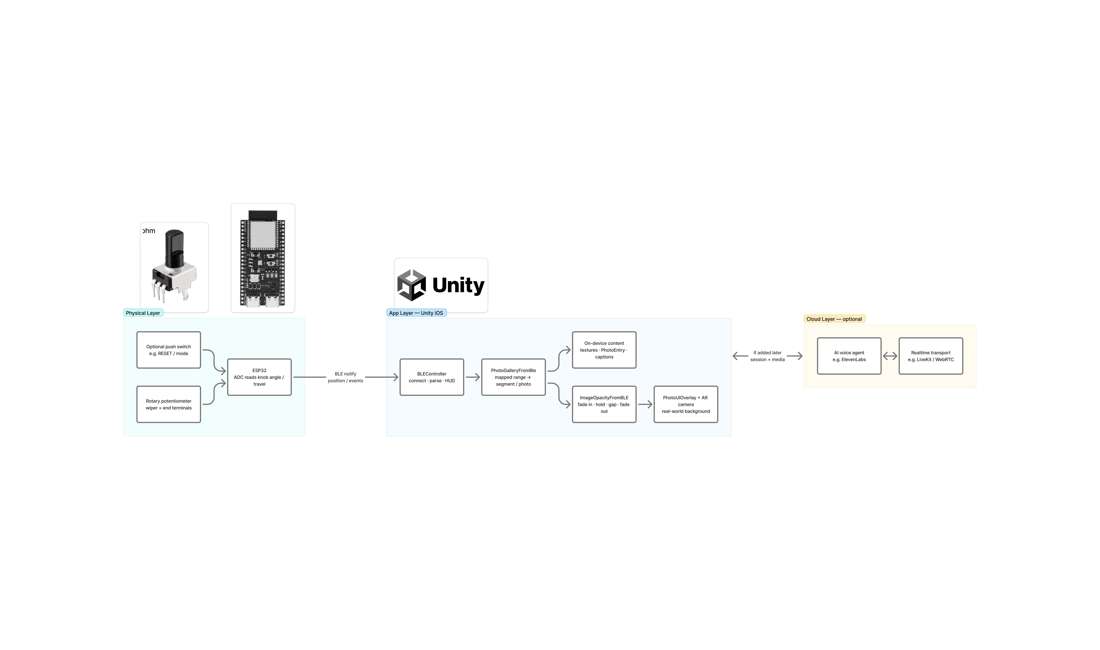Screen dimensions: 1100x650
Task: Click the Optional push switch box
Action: (x=169, y=350)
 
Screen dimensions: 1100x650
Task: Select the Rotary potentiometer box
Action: (x=169, y=404)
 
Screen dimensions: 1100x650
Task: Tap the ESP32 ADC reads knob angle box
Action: (x=259, y=377)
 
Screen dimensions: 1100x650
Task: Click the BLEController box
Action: (x=432, y=377)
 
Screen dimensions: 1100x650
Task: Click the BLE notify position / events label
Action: (x=345, y=377)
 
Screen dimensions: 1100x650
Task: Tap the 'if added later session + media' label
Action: (x=767, y=356)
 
